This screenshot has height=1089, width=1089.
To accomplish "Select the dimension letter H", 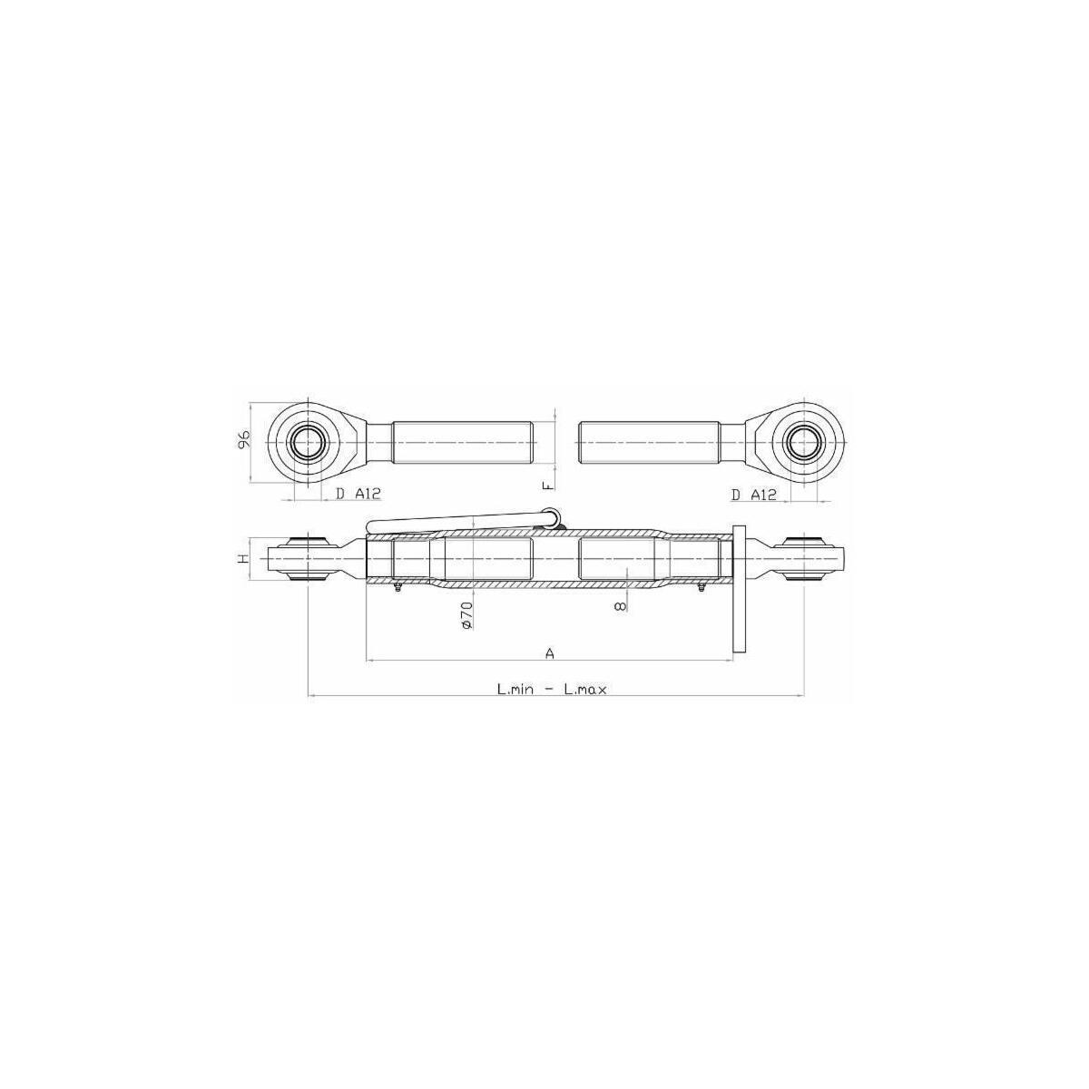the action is coord(243,559).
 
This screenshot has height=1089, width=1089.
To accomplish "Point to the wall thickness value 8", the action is coord(620,606).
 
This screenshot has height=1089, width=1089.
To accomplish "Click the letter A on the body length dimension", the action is coord(549,653).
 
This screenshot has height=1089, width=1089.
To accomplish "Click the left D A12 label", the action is coord(358,494).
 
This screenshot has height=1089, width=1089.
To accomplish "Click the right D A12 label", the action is coord(754,495).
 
